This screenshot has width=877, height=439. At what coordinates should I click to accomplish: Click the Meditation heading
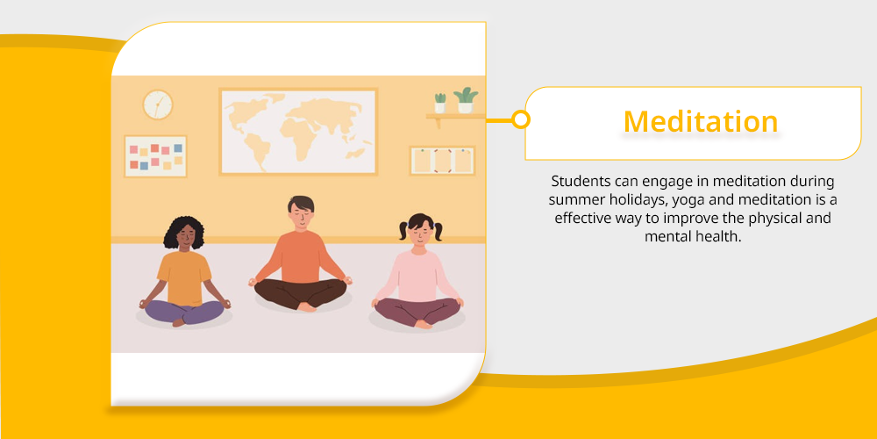(x=700, y=121)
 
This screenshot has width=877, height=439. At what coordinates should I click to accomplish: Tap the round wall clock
(x=158, y=104)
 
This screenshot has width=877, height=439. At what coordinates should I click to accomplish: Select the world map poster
(x=298, y=132)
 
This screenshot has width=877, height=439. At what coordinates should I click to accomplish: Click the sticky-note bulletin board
(x=155, y=156)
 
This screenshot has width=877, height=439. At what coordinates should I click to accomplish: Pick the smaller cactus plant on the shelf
(x=440, y=103)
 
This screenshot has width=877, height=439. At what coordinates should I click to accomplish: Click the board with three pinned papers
(x=442, y=161)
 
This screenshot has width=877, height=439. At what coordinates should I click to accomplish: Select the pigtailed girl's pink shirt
(x=417, y=275)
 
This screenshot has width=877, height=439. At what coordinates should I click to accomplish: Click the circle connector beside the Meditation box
(x=521, y=119)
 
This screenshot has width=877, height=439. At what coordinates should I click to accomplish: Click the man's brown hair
(x=301, y=202)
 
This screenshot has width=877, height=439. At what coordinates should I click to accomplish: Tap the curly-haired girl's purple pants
(x=184, y=312)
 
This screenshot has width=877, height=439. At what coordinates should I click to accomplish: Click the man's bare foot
(x=307, y=306)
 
